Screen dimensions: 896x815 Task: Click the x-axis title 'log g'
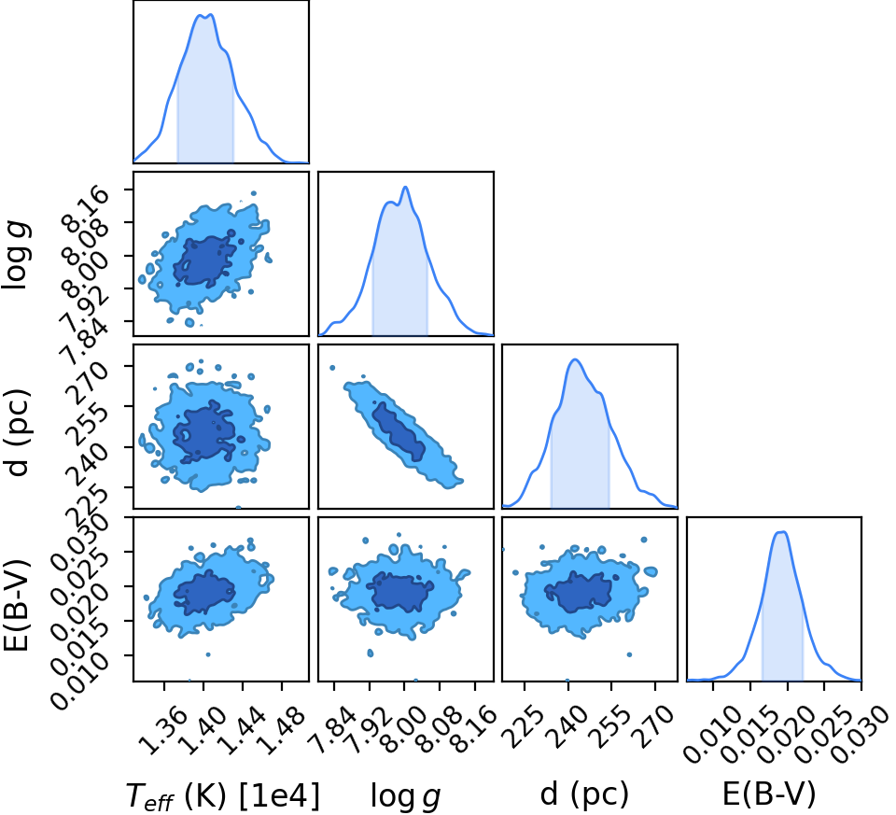406,795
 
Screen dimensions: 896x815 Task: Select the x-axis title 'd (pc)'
584,794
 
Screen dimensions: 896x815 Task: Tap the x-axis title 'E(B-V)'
769,794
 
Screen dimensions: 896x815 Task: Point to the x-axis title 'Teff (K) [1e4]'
222,795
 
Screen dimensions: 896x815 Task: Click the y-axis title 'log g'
17,255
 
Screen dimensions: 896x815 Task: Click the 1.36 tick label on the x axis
162,730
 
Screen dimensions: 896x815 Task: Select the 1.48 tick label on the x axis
279,730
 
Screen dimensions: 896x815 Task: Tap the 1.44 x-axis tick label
240,730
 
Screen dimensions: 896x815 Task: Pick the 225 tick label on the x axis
520,726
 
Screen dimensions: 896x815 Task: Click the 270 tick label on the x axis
651,726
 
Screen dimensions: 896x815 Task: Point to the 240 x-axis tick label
564,726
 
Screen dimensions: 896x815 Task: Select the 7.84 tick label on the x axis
331,730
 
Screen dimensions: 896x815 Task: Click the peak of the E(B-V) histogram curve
782,532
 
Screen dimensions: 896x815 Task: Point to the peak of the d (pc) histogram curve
575,359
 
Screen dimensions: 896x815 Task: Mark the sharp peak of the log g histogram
405,187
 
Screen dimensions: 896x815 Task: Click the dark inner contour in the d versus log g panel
399,432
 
